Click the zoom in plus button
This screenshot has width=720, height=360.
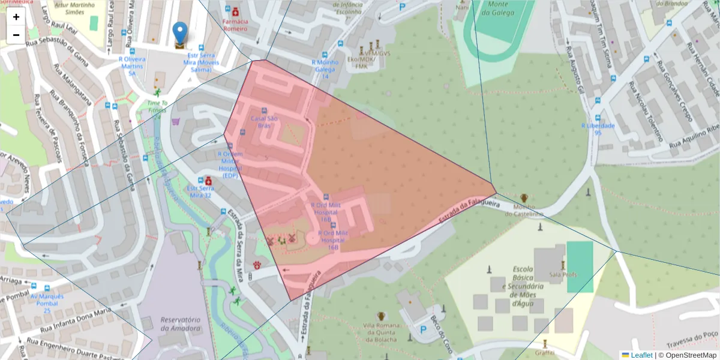(x=16, y=17)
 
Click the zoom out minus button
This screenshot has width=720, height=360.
(x=16, y=35)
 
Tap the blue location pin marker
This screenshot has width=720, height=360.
(x=179, y=34)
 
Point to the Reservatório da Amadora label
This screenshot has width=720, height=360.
(x=180, y=324)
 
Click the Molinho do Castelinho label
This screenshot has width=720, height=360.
(x=524, y=209)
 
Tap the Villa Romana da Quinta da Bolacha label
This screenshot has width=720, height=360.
(x=380, y=332)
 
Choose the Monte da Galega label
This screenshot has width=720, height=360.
(x=498, y=8)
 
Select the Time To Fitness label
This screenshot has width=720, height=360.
(x=157, y=106)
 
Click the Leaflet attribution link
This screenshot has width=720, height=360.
(x=641, y=355)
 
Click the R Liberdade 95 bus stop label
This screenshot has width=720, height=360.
(x=598, y=129)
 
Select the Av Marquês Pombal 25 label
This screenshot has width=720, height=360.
(x=47, y=303)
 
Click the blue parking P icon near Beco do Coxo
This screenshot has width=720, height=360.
(x=423, y=329)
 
